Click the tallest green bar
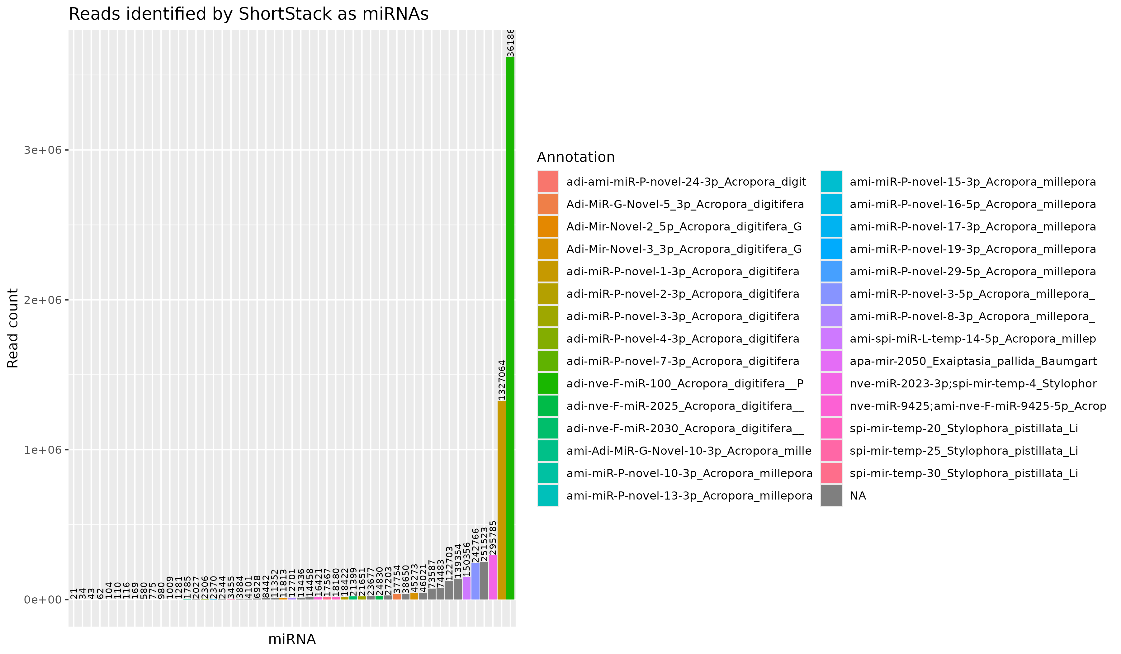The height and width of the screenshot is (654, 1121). pos(510,329)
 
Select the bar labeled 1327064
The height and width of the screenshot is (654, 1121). pos(501,500)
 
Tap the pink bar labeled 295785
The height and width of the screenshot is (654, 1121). pos(493,577)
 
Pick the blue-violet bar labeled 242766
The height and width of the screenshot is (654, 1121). pos(475,581)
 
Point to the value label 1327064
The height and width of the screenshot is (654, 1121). pos(502,380)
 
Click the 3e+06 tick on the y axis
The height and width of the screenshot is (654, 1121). pos(42,150)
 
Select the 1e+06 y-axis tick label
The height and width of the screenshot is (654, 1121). pos(42,450)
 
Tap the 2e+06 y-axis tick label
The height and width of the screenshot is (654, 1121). pos(42,300)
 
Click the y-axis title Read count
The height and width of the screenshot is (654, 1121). pos(13,328)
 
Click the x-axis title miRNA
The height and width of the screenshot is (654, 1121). pos(292,639)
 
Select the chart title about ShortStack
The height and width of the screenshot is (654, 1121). pos(248,14)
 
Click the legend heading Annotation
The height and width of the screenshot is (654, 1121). pos(576,157)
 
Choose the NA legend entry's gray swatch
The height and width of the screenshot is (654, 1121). pos(831,495)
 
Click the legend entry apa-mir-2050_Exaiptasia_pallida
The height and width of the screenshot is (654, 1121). pos(973,361)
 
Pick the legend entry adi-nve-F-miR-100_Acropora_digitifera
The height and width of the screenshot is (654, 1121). pos(685,383)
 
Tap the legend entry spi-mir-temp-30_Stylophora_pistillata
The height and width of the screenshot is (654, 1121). pos(963,473)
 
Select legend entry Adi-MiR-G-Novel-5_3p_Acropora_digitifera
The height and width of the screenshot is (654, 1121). pos(685,204)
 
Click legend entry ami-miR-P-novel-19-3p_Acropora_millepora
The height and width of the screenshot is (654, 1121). pos(972,249)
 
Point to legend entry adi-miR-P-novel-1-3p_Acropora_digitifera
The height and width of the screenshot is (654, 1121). pos(682,271)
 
